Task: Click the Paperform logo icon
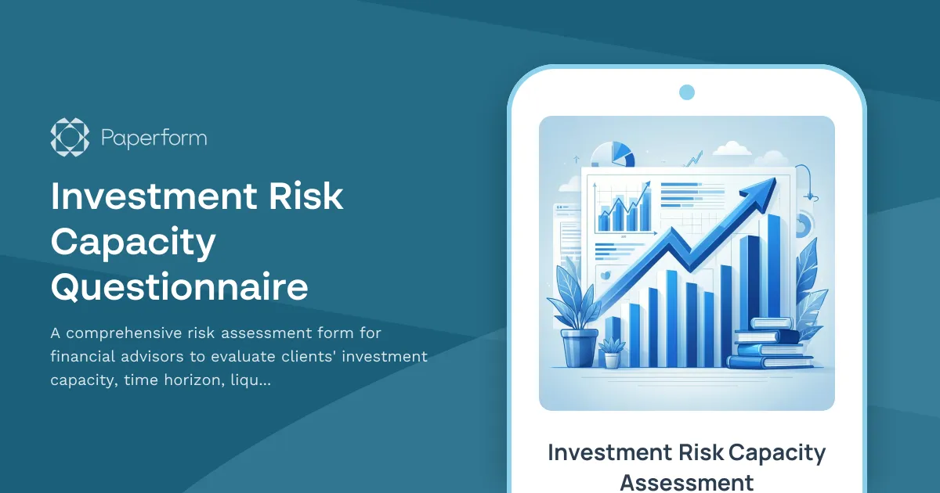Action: [70, 137]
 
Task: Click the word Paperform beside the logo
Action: [154, 139]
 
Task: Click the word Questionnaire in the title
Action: [179, 287]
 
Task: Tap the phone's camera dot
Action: [687, 92]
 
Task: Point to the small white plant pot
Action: [611, 359]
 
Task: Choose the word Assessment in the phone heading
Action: [686, 481]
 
